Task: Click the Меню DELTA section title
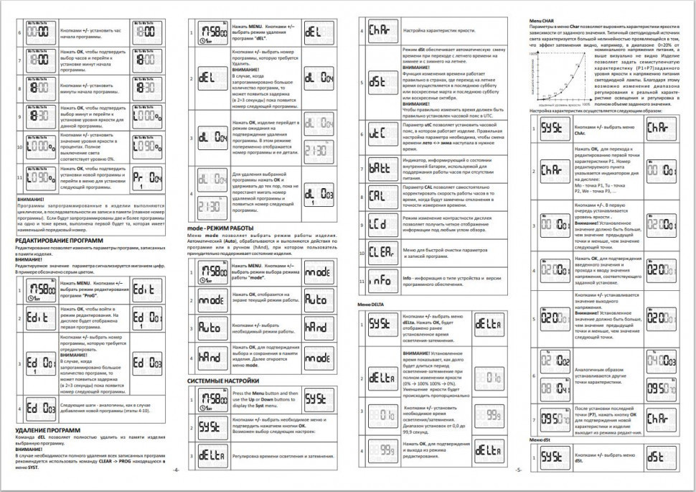(x=372, y=304)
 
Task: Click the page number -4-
(x=174, y=470)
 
